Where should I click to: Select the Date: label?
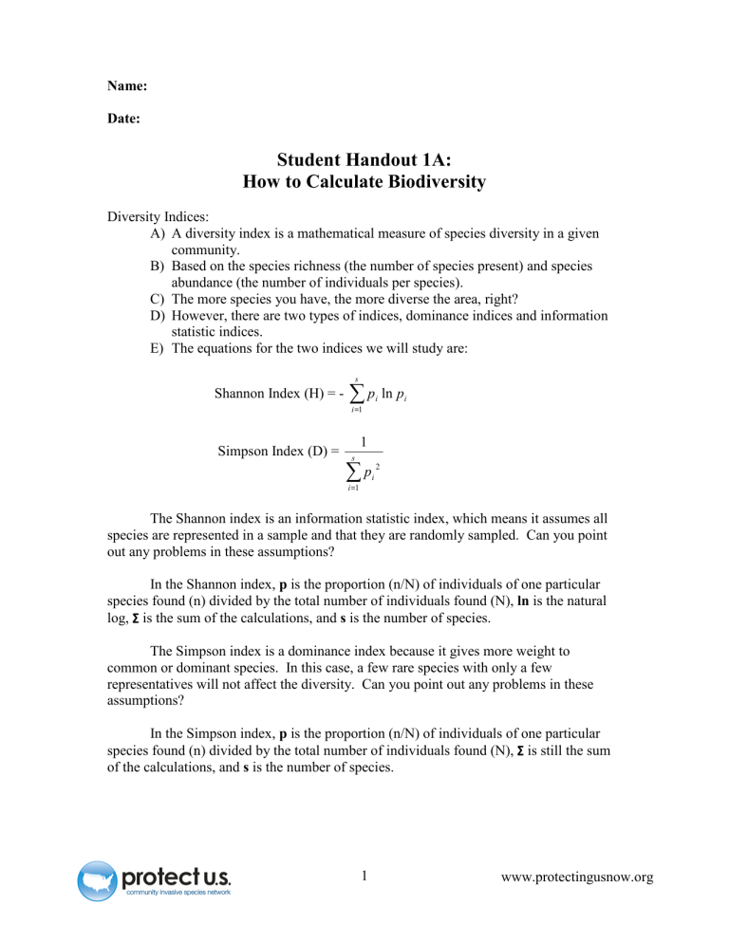[126, 122]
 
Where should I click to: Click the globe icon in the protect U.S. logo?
[97, 879]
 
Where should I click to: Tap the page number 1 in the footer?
[364, 876]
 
